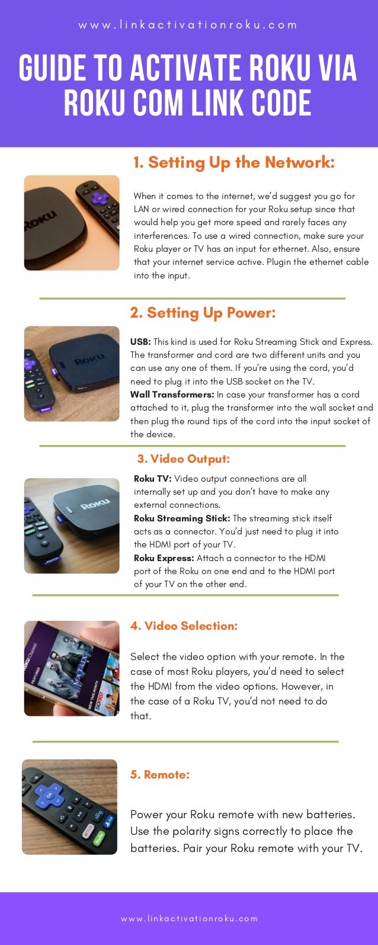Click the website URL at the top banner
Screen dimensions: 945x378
188,25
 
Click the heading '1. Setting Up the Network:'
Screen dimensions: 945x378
234,162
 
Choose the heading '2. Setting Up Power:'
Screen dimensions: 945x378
203,313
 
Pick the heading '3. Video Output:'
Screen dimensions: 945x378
183,459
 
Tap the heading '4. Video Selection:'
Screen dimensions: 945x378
184,626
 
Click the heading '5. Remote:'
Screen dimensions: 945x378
160,774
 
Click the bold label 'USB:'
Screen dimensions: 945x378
140,342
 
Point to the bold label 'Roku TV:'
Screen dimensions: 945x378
153,479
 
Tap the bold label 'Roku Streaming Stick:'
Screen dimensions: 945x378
182,518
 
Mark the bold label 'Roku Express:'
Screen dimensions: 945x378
164,558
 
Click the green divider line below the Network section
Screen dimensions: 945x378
192,299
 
